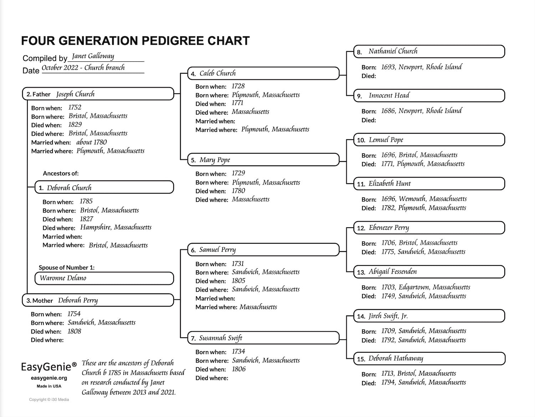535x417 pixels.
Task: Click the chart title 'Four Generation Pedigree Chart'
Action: pos(135,41)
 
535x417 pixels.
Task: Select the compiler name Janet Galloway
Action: pos(93,56)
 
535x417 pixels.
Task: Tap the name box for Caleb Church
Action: pos(263,73)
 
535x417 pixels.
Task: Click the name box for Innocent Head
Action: pos(429,95)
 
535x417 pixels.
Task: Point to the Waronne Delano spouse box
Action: pos(104,278)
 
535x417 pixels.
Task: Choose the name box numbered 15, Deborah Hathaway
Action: pos(429,358)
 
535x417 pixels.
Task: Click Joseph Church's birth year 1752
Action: pos(75,107)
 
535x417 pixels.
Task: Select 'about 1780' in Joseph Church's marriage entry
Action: pos(91,142)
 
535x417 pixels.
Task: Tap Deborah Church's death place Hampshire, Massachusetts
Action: pos(116,227)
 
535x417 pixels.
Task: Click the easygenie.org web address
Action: pos(49,378)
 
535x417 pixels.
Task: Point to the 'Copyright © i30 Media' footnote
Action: pos(49,399)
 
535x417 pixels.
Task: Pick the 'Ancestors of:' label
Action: pos(61,173)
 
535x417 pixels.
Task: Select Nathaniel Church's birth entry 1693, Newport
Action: pos(421,67)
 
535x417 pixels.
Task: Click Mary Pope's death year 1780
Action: pos(238,191)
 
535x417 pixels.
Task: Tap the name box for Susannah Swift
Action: pos(263,338)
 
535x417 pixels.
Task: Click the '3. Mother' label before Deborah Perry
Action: pos(40,301)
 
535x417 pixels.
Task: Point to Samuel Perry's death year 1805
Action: pos(238,281)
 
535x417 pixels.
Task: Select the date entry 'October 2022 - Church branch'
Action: pos(83,68)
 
